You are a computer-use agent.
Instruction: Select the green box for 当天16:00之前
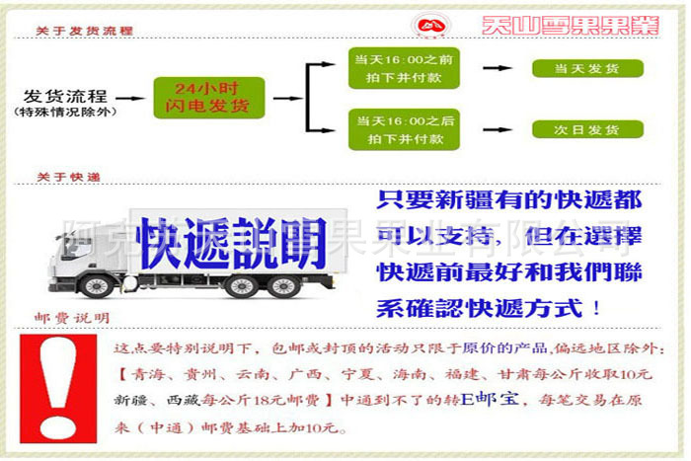(404, 67)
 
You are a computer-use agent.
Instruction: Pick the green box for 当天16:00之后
(404, 129)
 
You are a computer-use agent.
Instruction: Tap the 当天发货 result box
(587, 69)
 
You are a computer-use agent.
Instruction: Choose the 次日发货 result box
(587, 129)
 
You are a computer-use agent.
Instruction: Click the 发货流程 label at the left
(66, 95)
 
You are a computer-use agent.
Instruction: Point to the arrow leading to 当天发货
(497, 68)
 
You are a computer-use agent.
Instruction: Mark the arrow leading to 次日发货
(497, 129)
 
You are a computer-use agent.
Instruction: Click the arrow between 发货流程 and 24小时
(132, 98)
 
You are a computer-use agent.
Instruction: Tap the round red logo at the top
(433, 25)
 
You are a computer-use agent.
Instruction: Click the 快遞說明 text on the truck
(231, 240)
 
